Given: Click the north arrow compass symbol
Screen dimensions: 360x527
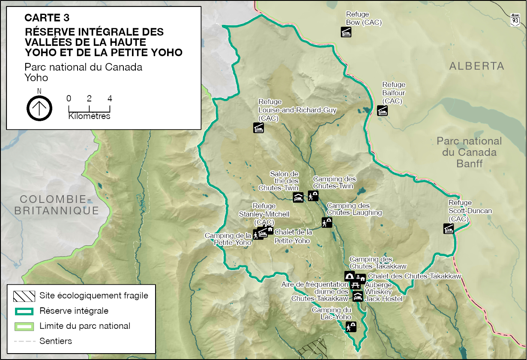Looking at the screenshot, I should [x=39, y=108].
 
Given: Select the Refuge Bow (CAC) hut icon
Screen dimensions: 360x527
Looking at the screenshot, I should [x=346, y=32].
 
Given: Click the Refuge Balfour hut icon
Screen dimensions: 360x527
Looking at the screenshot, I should [x=382, y=110].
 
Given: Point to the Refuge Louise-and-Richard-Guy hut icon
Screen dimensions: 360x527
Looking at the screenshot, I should [x=258, y=128].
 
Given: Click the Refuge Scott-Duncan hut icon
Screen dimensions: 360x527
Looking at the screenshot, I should [x=449, y=229].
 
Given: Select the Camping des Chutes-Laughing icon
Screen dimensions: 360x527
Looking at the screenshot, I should [x=327, y=223].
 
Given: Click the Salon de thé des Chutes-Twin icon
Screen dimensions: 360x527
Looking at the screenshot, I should [x=298, y=197].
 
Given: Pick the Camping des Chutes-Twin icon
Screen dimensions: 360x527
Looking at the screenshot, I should [x=313, y=196].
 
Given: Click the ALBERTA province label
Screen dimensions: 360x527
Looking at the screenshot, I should [x=476, y=66].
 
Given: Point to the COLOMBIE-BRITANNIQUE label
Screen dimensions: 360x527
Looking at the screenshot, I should [x=57, y=205].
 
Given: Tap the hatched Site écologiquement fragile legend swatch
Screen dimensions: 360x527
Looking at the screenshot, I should [x=24, y=295].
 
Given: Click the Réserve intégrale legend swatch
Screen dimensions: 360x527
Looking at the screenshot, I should [x=24, y=311].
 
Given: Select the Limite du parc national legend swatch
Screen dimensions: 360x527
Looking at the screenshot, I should [x=24, y=326].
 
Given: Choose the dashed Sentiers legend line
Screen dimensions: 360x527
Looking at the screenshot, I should [x=24, y=341].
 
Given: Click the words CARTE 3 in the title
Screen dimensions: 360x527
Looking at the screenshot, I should [x=47, y=18].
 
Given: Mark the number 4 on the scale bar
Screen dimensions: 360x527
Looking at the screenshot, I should [x=110, y=98].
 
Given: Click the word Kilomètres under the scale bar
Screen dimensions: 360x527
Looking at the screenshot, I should [x=89, y=116].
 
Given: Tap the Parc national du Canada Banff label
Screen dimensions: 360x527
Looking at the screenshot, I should [x=469, y=152].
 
